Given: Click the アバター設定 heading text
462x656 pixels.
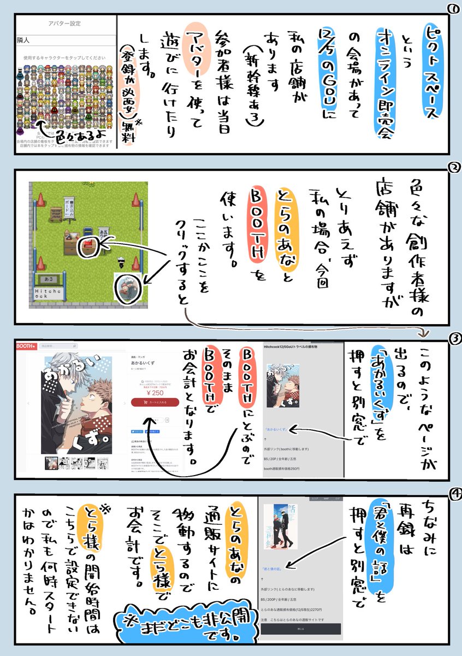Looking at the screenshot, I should pos(65,25).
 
